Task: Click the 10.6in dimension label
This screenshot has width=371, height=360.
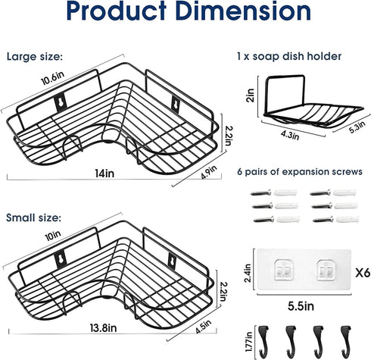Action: [52, 78]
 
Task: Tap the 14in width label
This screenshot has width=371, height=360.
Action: [104, 174]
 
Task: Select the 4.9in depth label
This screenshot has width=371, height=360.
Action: [209, 172]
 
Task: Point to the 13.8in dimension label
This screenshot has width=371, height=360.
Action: [103, 328]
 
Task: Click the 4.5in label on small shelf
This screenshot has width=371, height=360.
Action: [203, 327]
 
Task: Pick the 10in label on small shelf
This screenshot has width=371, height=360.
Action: [53, 236]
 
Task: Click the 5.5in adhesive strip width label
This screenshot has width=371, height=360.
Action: [301, 306]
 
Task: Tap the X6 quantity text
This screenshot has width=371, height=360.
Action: [363, 273]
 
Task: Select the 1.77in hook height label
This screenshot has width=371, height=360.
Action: [249, 342]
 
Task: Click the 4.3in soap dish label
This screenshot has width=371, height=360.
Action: [290, 135]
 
